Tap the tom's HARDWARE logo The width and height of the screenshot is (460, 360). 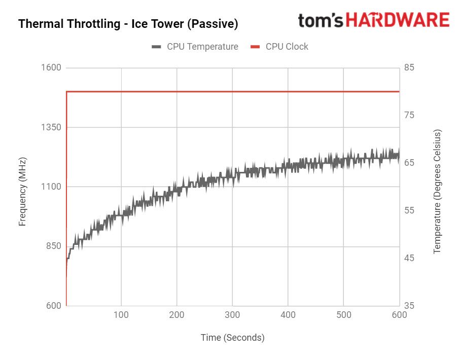(373, 20)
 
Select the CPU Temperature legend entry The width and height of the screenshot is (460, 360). (195, 47)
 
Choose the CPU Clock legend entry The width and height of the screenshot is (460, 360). (280, 47)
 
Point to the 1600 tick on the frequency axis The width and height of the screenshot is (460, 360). (51, 68)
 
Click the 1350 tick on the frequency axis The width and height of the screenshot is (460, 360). (51, 127)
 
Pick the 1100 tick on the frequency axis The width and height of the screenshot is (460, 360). (51, 187)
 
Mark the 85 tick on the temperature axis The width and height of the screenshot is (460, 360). (409, 67)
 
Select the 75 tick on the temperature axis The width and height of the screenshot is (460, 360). (409, 115)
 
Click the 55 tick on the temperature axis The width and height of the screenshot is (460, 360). (409, 210)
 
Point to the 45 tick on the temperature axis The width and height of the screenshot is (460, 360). (409, 258)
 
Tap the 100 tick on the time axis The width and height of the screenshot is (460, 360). (121, 315)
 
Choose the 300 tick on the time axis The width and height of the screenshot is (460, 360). (232, 315)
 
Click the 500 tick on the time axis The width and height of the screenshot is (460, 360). (343, 315)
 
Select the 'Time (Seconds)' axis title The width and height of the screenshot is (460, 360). (232, 338)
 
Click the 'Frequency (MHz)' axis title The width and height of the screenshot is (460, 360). (22, 192)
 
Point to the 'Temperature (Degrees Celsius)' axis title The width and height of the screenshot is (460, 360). (438, 191)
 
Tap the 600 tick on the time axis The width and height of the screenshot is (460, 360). (399, 315)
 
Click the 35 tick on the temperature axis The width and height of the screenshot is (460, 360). (409, 306)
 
